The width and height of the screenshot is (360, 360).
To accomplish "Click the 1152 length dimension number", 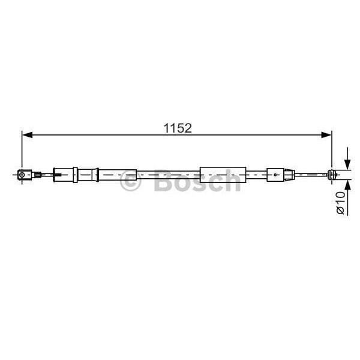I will [x=178, y=128].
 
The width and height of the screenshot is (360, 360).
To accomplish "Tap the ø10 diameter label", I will [x=341, y=203].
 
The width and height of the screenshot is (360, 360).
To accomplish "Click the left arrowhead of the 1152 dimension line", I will [x=26, y=135].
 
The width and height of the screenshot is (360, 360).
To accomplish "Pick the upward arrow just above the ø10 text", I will [x=347, y=183].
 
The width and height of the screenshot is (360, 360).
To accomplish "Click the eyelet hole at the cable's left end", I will [x=22, y=175].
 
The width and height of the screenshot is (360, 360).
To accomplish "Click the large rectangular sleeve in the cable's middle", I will [x=222, y=174].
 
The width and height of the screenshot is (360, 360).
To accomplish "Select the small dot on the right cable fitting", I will [x=275, y=175].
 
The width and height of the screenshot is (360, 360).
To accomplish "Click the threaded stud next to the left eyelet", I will [x=38, y=175].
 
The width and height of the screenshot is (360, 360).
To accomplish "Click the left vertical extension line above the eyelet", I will [x=22, y=150].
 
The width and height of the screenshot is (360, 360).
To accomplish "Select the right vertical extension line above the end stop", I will [x=332, y=150].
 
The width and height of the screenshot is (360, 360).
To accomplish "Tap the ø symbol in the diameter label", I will [x=341, y=211].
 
